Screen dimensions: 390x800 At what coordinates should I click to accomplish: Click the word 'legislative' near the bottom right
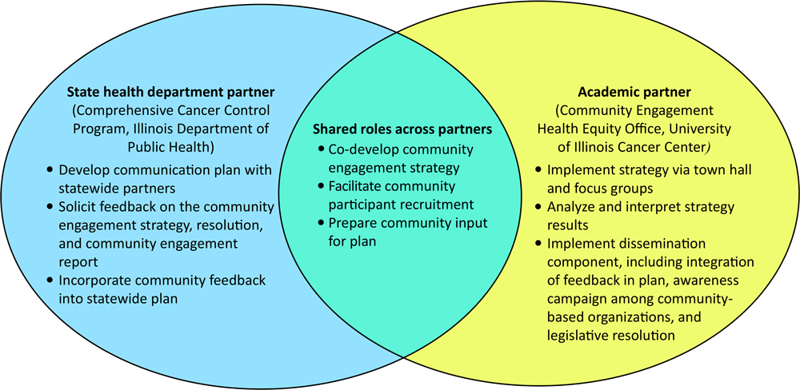(x=578, y=336)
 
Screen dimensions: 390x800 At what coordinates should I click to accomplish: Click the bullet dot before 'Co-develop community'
(x=321, y=150)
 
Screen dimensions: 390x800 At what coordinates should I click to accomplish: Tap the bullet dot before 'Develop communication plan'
(x=51, y=170)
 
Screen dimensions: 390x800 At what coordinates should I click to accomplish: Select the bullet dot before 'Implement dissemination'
(x=538, y=244)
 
